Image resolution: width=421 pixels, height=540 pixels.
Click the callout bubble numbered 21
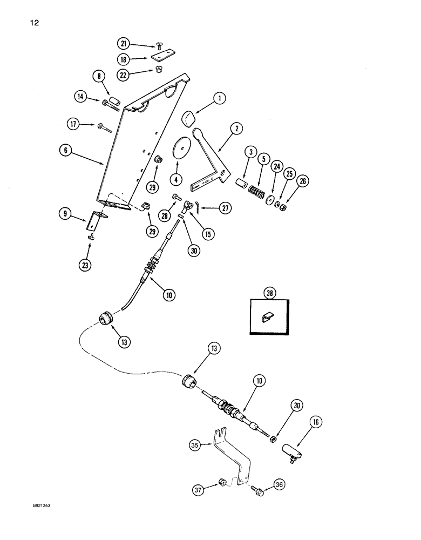pos(124,43)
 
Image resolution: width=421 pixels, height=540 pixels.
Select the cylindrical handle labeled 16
pos(291,449)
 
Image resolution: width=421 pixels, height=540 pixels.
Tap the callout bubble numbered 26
pos(302,181)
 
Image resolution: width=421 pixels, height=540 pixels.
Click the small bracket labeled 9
pos(99,220)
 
